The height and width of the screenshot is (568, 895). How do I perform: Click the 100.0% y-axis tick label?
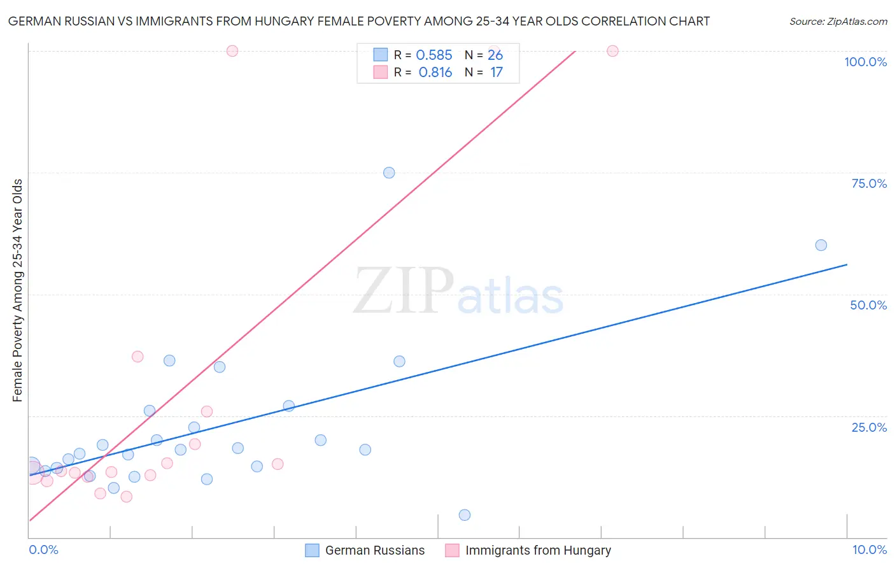[x=865, y=62]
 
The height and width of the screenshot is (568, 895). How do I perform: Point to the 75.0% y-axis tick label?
[x=869, y=183]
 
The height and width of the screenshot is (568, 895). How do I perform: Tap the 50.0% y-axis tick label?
[x=868, y=305]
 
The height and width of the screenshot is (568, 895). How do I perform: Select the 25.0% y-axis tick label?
[x=869, y=427]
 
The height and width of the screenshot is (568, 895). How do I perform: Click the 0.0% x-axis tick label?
[x=43, y=550]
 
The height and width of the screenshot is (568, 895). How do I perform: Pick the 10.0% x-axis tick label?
[x=869, y=550]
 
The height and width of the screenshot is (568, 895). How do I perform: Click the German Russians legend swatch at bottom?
[x=312, y=550]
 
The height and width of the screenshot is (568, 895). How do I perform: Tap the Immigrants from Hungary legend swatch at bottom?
[x=452, y=550]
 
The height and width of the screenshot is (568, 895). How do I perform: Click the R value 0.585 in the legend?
[x=434, y=55]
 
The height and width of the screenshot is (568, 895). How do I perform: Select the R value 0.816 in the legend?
[x=435, y=73]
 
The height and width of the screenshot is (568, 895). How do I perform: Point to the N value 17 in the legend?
[x=496, y=73]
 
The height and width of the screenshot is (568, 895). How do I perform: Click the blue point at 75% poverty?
[x=389, y=173]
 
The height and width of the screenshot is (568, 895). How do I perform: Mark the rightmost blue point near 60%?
[x=821, y=245]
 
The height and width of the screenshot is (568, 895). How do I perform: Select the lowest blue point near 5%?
[x=465, y=515]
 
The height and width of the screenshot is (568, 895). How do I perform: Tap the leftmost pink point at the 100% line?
[x=232, y=51]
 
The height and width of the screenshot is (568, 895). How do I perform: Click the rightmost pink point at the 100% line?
[x=612, y=51]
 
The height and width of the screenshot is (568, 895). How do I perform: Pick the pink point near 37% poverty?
[x=137, y=357]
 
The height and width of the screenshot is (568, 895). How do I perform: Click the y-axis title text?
[x=18, y=290]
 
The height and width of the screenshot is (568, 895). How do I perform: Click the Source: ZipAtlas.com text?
[x=838, y=22]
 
